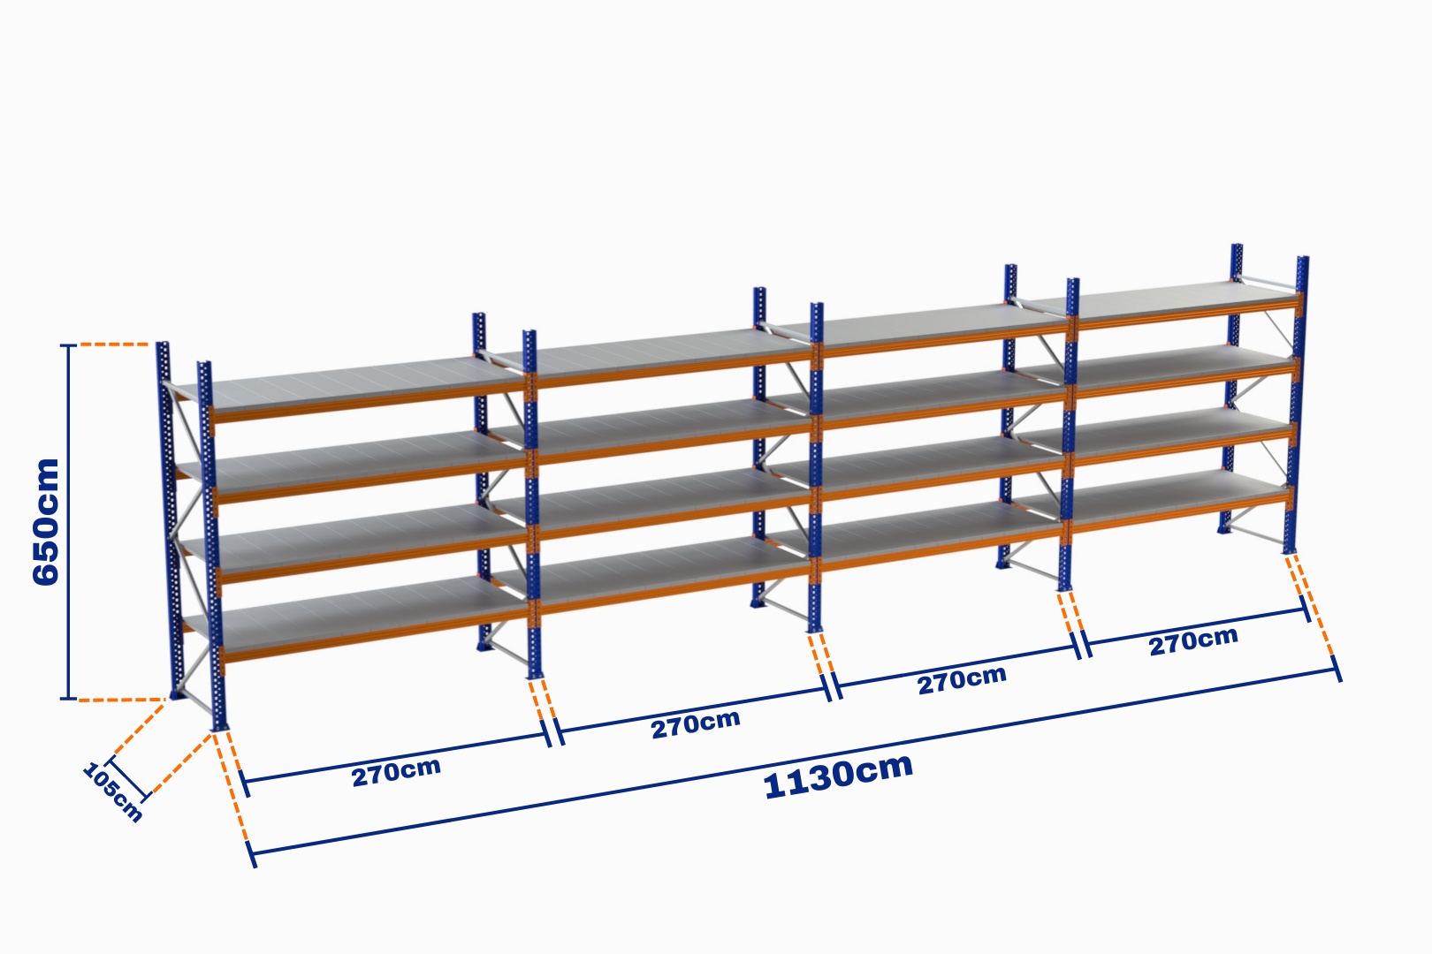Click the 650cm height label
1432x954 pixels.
click(46, 521)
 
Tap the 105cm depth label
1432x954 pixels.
click(112, 792)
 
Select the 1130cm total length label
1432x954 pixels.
click(838, 776)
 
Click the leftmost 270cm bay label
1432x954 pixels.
click(396, 772)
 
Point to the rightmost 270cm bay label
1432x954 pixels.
click(1193, 641)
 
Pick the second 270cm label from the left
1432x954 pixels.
click(696, 724)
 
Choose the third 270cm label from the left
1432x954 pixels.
click(962, 680)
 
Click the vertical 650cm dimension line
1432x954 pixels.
click(68, 522)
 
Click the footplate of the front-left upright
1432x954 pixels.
click(219, 726)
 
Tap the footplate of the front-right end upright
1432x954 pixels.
click(1290, 550)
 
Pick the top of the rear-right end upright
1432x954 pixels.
click(1237, 246)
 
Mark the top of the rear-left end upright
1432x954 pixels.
click(163, 345)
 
